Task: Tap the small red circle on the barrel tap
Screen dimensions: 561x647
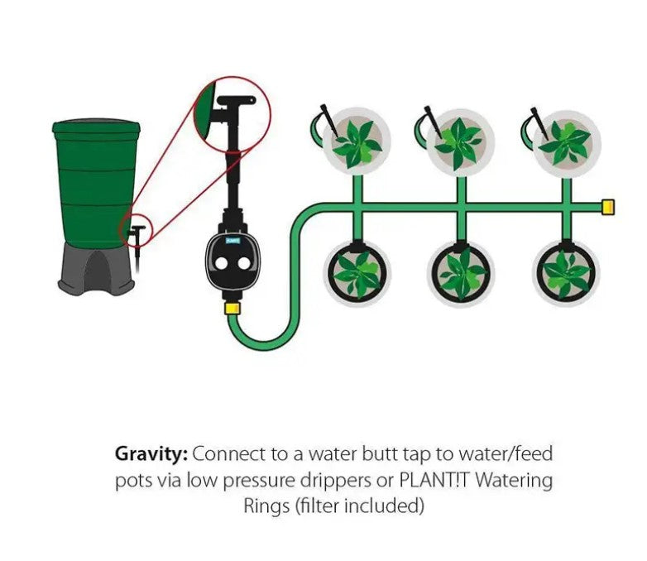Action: [x=136, y=229]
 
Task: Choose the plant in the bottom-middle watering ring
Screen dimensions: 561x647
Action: [x=460, y=273]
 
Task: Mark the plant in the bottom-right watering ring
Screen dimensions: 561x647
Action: [x=566, y=273]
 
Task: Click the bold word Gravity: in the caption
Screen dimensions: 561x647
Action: [x=151, y=454]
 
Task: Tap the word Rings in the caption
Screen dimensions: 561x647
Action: [x=264, y=506]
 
